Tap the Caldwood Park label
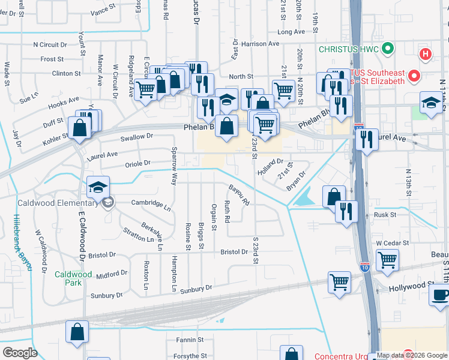[73, 278]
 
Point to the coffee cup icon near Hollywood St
[441, 295]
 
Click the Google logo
[20, 353]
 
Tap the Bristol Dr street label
[235, 252]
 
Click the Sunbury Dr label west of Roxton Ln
[106, 296]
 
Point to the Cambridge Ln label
[151, 203]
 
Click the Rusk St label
[385, 215]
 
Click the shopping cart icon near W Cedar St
[387, 260]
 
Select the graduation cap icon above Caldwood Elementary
[98, 188]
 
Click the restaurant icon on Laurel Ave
[366, 140]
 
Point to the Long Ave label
[292, 32]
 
